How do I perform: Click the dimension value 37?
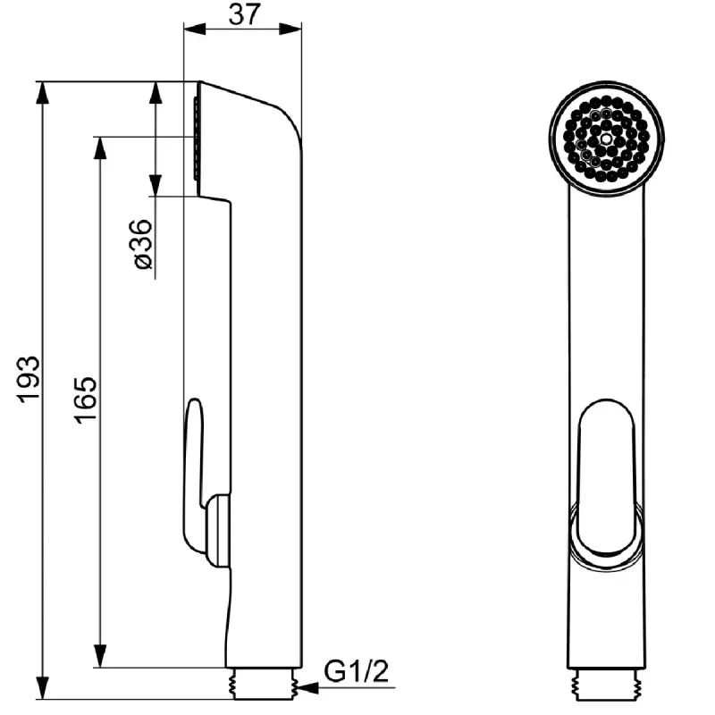[244, 14]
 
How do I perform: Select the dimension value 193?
[29, 379]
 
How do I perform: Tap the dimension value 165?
[86, 400]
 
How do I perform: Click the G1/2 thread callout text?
[356, 671]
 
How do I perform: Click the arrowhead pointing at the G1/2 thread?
[308, 687]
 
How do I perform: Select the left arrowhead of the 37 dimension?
[195, 29]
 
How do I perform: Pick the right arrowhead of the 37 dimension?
[290, 29]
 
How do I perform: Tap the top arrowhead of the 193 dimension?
[42, 93]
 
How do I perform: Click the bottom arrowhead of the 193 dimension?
[42, 687]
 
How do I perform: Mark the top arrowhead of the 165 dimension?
[100, 147]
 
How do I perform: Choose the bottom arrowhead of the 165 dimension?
[100, 656]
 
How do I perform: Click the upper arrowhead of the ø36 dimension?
[156, 93]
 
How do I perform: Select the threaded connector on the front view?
[606, 684]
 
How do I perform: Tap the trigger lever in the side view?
[193, 475]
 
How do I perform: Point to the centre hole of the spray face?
[606, 138]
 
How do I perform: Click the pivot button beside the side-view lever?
[218, 531]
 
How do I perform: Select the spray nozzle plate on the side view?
[197, 139]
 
